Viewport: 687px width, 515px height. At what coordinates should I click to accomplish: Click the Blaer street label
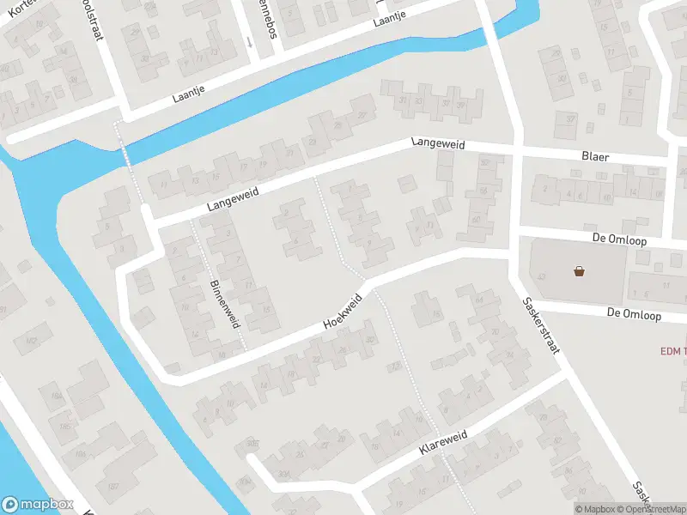pyautogui.click(x=594, y=157)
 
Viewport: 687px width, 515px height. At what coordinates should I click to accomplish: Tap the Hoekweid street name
pyautogui.click(x=343, y=312)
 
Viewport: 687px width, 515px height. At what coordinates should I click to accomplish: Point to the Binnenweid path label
pyautogui.click(x=223, y=306)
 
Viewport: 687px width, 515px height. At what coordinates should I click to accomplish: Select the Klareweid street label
pyautogui.click(x=442, y=441)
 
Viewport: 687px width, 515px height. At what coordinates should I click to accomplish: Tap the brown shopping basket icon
pyautogui.click(x=581, y=271)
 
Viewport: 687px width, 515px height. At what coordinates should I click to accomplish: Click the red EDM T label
pyautogui.click(x=672, y=350)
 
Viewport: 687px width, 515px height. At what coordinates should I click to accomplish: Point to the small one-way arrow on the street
pyautogui.click(x=249, y=40)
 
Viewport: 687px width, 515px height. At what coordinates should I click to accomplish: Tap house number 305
pyautogui.click(x=252, y=443)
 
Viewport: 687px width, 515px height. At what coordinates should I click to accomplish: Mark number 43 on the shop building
pyautogui.click(x=542, y=276)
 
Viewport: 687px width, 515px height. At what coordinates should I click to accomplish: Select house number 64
pyautogui.click(x=478, y=299)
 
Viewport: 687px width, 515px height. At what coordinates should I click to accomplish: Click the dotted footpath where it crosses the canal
pyautogui.click(x=124, y=148)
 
